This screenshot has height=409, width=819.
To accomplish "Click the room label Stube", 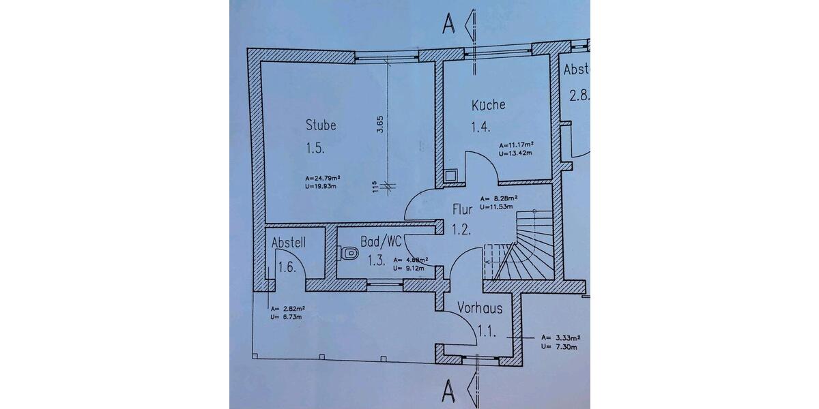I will point(320,125).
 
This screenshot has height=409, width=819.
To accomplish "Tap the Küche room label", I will point(488,105).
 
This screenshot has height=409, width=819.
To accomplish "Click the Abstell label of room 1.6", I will point(288,243).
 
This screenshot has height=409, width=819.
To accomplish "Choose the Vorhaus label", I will point(480,309).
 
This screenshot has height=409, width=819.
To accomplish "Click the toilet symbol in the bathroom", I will point(348,253).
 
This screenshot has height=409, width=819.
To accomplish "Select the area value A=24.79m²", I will point(323,179).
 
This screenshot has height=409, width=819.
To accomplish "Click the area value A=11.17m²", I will point(515,145).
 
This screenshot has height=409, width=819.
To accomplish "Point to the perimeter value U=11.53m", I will point(499,206).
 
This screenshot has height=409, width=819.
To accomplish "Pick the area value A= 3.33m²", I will point(560,337).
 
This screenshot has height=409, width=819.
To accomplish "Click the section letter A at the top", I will point(448,24).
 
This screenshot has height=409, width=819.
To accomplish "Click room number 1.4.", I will point(481,127).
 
